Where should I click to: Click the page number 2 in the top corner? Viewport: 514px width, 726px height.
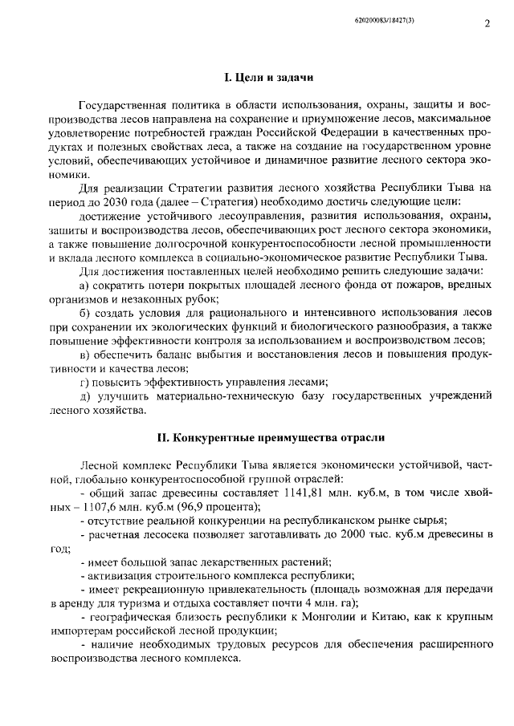[x=487, y=24]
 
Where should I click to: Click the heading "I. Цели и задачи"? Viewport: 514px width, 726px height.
[x=268, y=78]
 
